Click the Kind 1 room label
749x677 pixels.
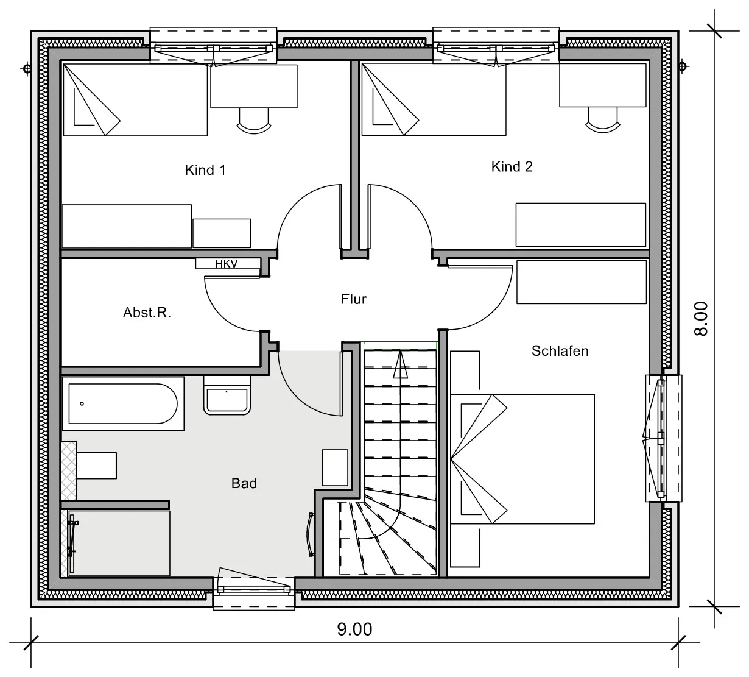(x=205, y=170)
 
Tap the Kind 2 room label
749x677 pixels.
(x=512, y=166)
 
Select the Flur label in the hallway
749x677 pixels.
(x=354, y=299)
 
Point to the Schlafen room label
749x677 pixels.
(x=560, y=351)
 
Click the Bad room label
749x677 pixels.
(x=244, y=483)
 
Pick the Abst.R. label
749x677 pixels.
(x=147, y=313)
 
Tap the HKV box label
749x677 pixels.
(x=227, y=264)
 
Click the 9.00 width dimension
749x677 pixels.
(x=355, y=629)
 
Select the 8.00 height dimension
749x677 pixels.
(x=701, y=319)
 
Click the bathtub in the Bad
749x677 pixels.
(x=123, y=403)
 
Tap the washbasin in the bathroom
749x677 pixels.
(x=227, y=395)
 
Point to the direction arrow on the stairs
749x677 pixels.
(x=400, y=364)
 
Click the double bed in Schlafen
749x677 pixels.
(x=522, y=459)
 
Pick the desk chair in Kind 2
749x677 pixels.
(x=603, y=120)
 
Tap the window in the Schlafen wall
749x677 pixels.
(x=664, y=438)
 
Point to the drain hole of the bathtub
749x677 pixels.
(x=82, y=403)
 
